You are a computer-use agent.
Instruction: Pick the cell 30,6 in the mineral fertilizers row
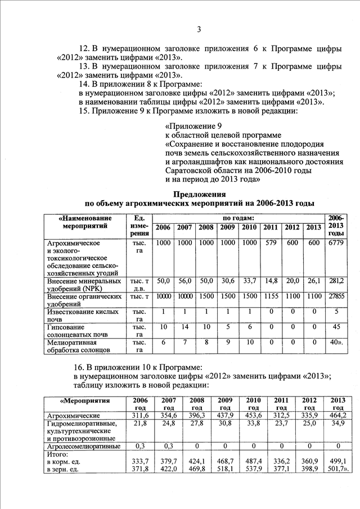[x=227, y=280]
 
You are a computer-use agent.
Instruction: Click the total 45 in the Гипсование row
[x=336, y=326]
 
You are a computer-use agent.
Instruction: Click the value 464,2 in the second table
[x=337, y=415]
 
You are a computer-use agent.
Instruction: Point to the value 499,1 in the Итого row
[x=337, y=461]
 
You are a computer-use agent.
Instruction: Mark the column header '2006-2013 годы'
[x=336, y=225]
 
